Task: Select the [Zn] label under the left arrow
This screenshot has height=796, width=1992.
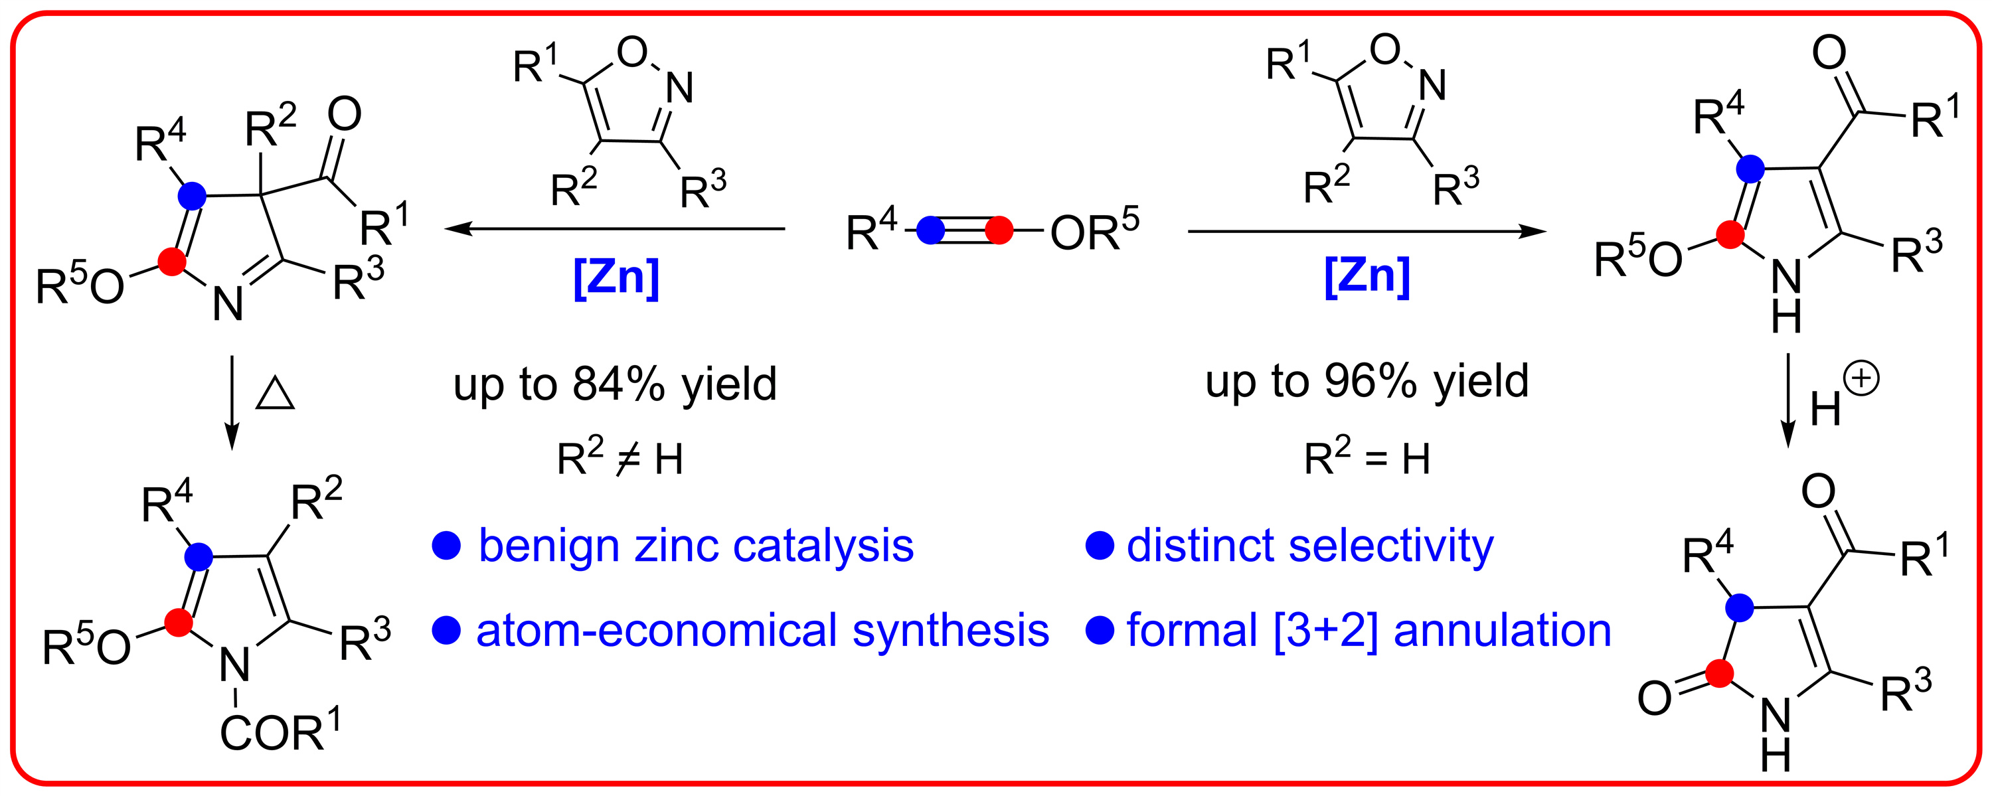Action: coord(616,278)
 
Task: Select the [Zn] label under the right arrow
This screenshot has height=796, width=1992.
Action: coord(1367,276)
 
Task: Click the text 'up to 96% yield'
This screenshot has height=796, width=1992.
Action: coord(1367,381)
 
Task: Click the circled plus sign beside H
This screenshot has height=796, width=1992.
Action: coord(1861,380)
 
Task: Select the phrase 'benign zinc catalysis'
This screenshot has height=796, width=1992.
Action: coord(696,546)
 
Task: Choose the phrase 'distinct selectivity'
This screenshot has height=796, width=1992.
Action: coord(1310,546)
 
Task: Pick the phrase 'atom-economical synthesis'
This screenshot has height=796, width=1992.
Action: coord(762,630)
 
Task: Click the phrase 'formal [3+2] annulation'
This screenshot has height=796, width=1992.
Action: coord(1369,630)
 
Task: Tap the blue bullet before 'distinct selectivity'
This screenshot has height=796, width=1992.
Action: coord(1100,546)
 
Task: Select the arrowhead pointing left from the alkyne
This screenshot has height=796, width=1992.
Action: coord(457,229)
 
